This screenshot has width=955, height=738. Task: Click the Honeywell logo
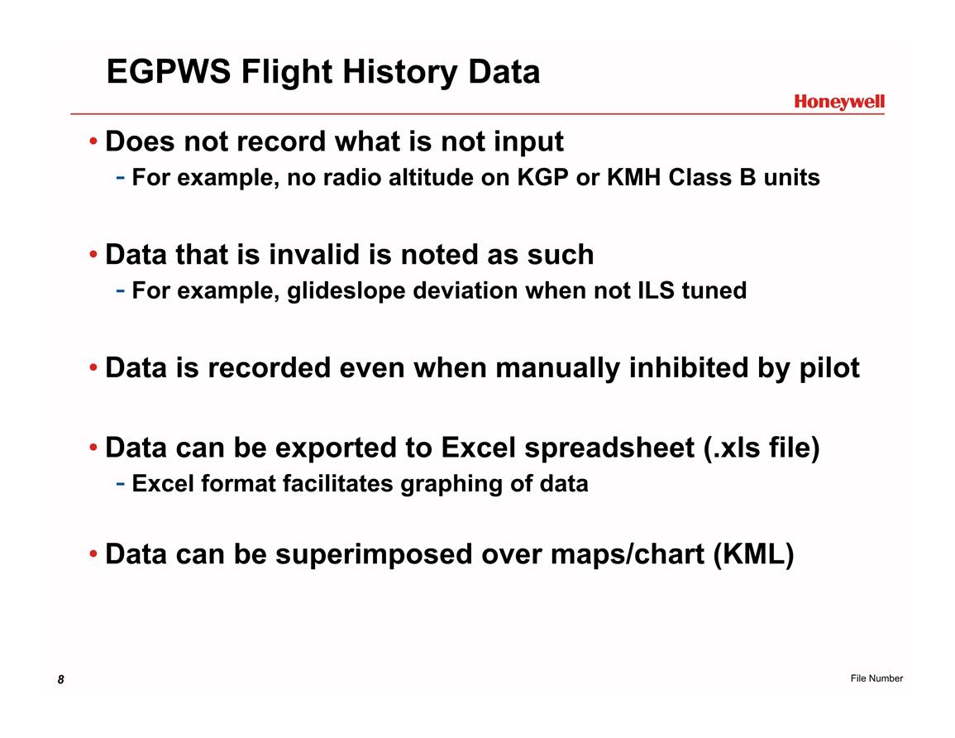tap(838, 102)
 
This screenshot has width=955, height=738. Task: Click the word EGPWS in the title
tap(169, 71)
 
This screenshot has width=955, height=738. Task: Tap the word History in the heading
tap(399, 73)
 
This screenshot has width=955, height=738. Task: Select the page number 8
tap(60, 679)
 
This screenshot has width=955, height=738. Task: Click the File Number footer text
tap(876, 678)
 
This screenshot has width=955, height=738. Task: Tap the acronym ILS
tap(656, 290)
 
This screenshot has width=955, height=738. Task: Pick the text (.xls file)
tap(762, 448)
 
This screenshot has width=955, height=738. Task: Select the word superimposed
tap(374, 555)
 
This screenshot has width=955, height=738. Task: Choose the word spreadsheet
tap(609, 448)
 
